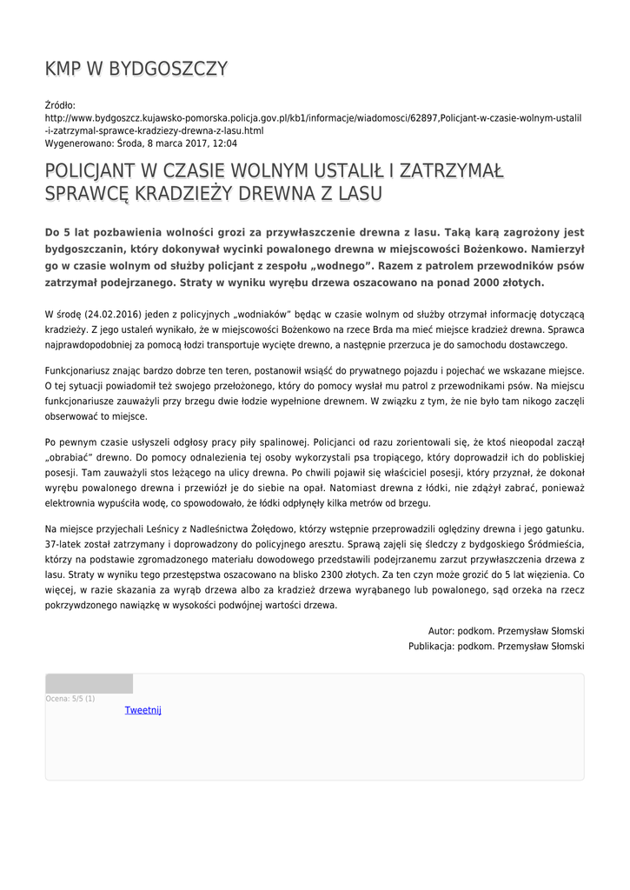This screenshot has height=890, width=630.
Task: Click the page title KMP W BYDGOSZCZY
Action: click(x=136, y=69)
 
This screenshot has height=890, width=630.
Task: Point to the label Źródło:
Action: click(x=60, y=105)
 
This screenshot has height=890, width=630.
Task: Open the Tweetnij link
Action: click(x=143, y=710)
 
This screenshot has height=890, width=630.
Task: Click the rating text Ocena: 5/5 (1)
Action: click(x=70, y=698)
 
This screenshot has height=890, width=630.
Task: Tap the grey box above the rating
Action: click(x=89, y=683)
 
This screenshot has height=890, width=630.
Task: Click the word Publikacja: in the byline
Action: click(x=433, y=646)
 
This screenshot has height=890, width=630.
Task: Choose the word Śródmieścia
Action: click(x=549, y=544)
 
